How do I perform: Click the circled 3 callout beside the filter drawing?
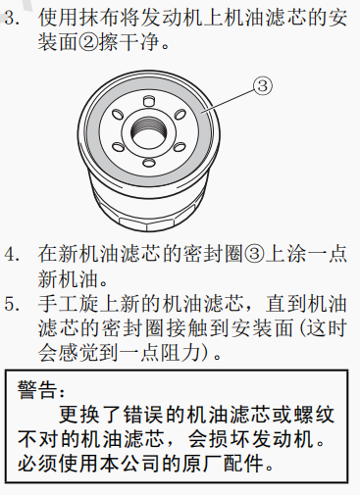263,86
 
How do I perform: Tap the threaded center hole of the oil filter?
148,133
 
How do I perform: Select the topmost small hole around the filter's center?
149,101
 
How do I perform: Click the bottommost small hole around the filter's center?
149,163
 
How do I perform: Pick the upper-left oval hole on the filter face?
118,115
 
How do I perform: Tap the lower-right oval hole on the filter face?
180,147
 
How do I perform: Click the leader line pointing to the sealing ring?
229,101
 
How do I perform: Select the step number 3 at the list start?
12,17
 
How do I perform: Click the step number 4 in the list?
12,254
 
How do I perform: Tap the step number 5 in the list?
12,304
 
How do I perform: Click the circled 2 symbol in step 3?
88,42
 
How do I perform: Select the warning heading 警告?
37,389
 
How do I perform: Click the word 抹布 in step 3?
99,17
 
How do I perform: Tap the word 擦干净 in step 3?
129,42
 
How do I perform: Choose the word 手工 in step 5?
58,304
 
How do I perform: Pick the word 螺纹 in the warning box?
315,415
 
